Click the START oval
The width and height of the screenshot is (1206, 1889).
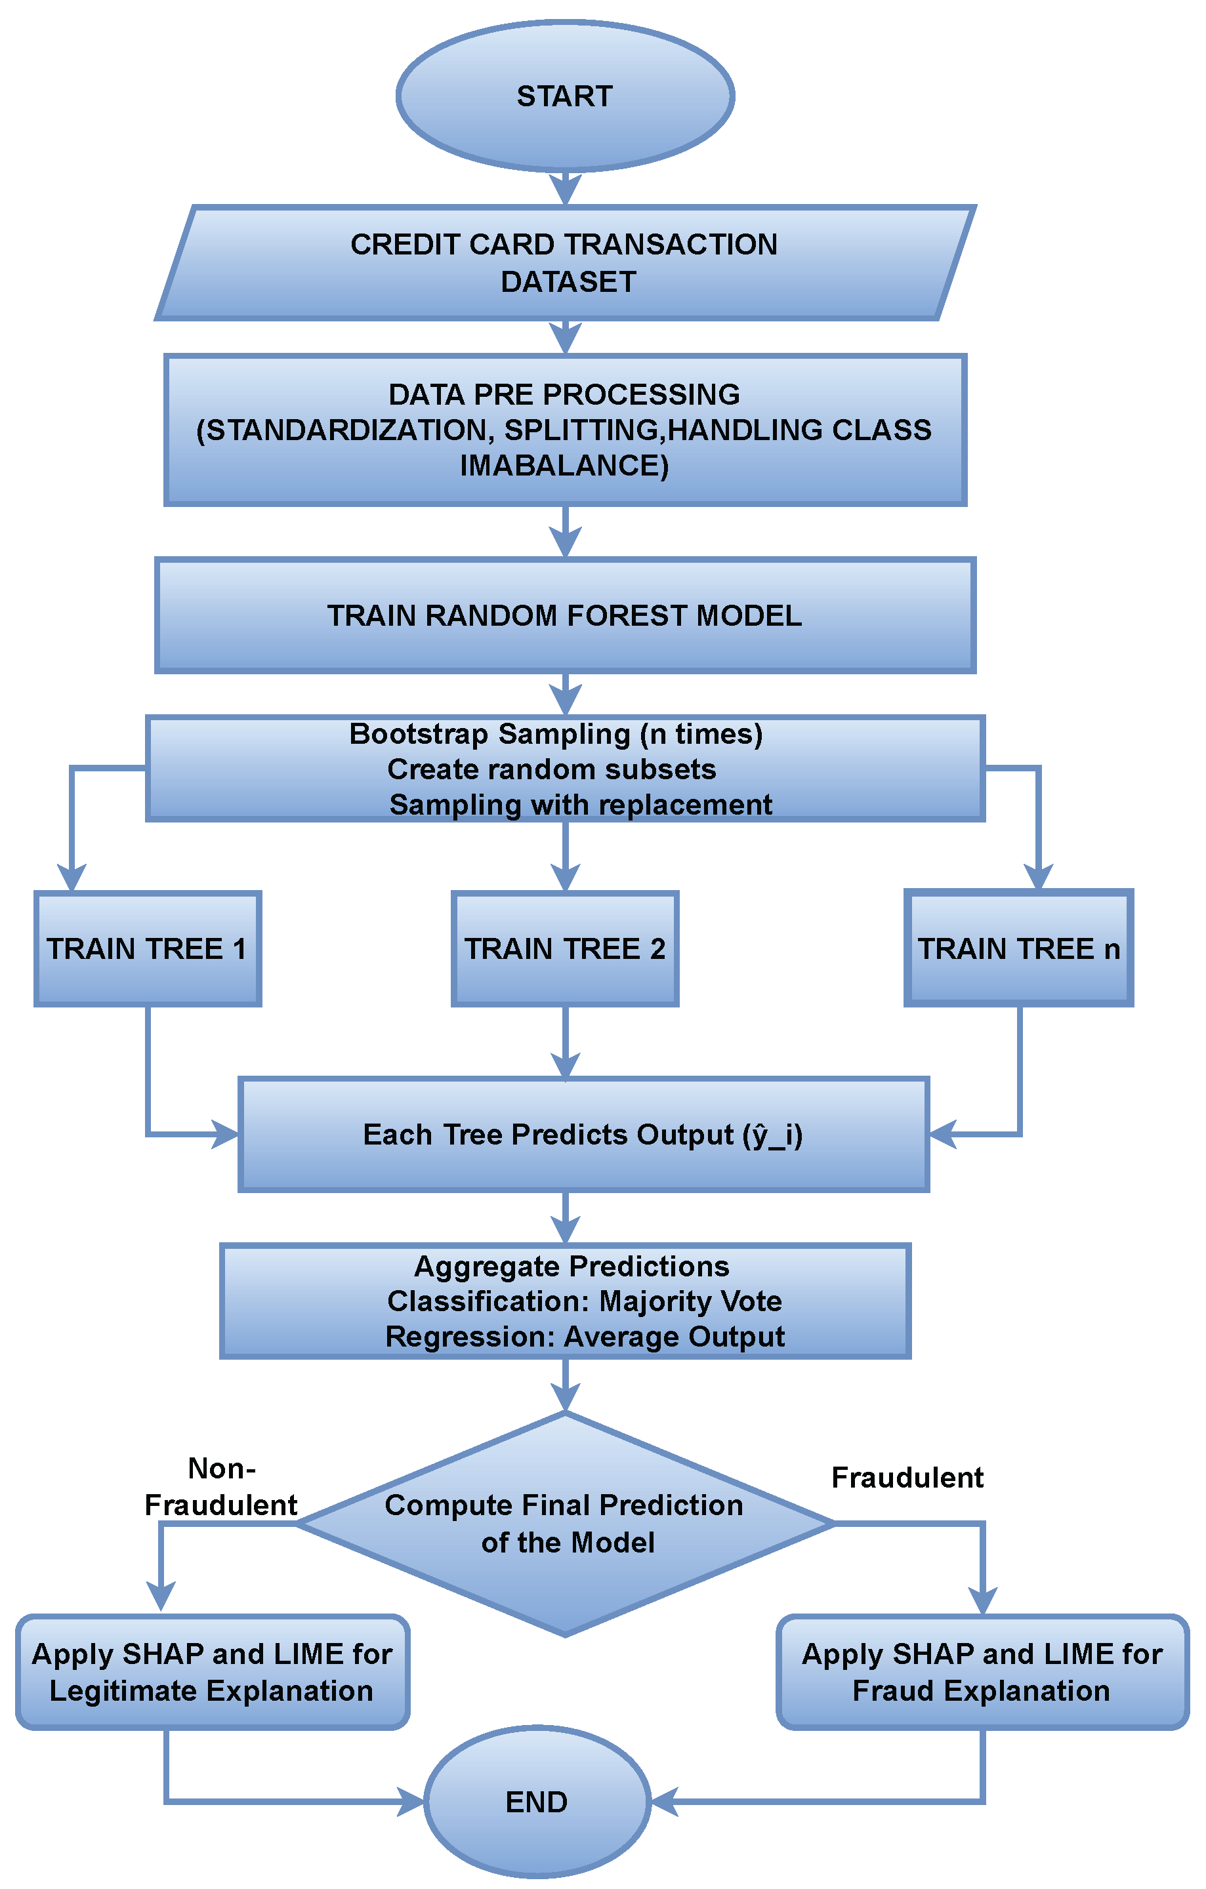(x=565, y=96)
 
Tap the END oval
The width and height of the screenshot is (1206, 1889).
(x=537, y=1801)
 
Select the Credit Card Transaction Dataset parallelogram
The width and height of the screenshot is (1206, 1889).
(x=565, y=263)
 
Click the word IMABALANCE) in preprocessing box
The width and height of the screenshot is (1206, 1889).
(x=564, y=466)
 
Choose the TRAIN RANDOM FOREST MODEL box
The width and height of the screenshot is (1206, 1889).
(x=565, y=615)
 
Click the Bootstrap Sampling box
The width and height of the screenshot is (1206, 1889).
(x=565, y=769)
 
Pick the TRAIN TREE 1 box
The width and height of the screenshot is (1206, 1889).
(x=148, y=948)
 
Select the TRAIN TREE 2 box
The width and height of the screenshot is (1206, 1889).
(x=565, y=948)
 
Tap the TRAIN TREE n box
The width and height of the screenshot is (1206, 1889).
(x=1018, y=948)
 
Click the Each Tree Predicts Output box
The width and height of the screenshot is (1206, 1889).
(x=584, y=1134)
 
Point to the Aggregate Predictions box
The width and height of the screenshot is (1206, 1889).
(x=565, y=1301)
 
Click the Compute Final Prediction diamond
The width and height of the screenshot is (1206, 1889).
(x=565, y=1524)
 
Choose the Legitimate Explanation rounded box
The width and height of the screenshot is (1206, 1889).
(x=212, y=1672)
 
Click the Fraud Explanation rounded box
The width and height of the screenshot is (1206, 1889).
(x=982, y=1672)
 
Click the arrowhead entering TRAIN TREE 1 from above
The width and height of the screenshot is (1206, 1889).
(x=72, y=877)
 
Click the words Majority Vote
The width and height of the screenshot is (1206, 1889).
(x=690, y=1301)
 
